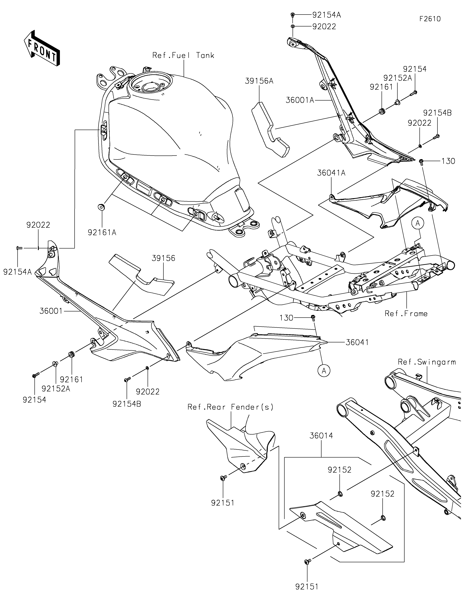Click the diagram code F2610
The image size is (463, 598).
click(x=430, y=19)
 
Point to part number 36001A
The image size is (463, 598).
click(x=300, y=100)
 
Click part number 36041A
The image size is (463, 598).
click(x=331, y=173)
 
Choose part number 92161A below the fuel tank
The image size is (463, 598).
click(x=102, y=232)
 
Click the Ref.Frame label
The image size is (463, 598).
click(x=406, y=313)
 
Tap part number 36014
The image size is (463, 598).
click(x=321, y=436)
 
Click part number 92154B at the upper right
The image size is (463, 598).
click(x=437, y=113)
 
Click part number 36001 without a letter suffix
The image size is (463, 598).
click(x=51, y=311)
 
